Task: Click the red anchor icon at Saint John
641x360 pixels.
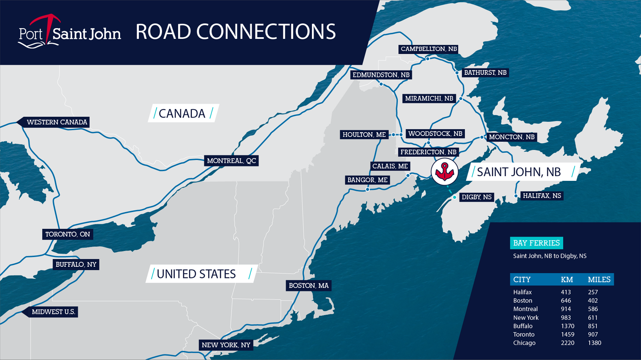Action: coord(444,171)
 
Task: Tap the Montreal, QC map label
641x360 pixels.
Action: coord(231,161)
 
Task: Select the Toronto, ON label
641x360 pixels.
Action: coord(68,234)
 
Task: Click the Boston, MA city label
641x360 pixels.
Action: coord(309,286)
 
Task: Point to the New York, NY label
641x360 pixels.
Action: coord(226,345)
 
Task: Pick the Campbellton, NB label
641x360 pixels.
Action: coord(429,49)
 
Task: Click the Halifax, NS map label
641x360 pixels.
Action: coord(542,196)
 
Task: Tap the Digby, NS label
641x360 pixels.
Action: coord(476,197)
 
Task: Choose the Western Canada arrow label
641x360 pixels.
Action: coord(56,122)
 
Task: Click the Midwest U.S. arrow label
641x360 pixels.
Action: coord(53,312)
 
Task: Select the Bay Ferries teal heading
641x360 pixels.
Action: coord(536,243)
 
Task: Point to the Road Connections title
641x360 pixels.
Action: coord(235,32)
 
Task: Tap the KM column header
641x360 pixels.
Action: coord(567,280)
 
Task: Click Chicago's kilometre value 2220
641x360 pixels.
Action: coord(567,343)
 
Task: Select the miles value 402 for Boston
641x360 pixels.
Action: coord(593,301)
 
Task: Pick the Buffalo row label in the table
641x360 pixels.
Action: coord(523,326)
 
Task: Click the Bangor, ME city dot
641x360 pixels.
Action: coord(368,189)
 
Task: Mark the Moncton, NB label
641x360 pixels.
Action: coord(512,137)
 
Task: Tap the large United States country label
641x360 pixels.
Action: coord(196,274)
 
